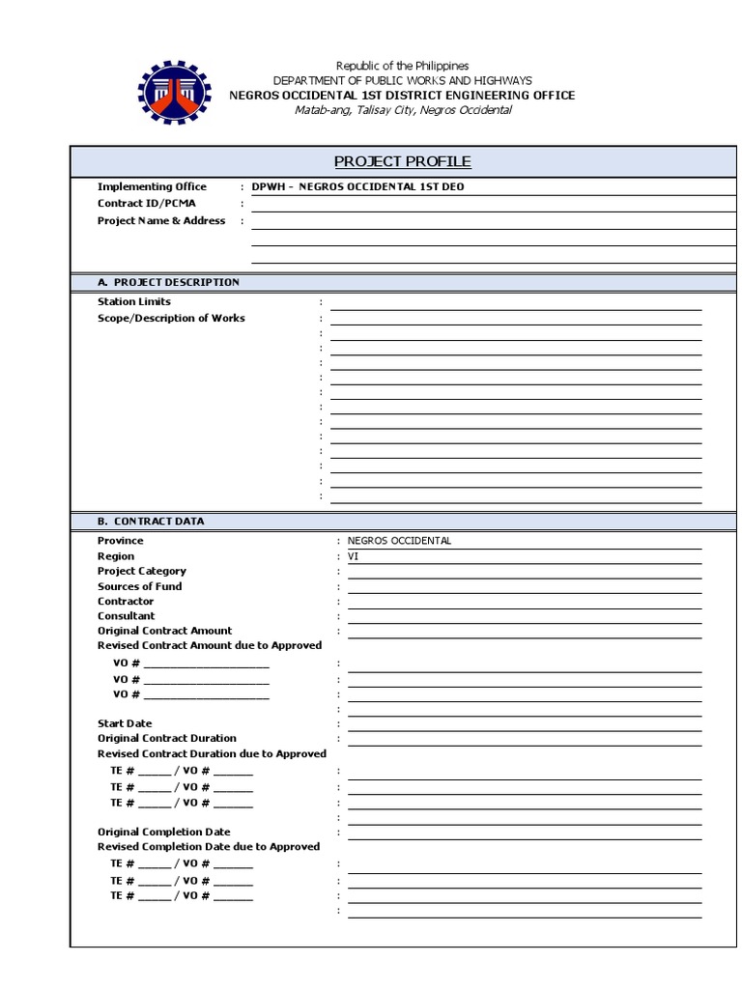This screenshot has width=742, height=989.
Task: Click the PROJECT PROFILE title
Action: [x=402, y=161]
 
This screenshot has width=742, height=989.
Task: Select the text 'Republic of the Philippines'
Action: [x=402, y=66]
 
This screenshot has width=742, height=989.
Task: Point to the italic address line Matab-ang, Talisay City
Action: [x=403, y=110]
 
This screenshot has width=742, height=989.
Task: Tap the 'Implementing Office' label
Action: [x=152, y=186]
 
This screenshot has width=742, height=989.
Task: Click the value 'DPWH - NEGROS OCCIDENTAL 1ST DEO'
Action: [x=357, y=186]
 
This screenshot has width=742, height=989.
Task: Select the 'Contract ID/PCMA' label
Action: [x=146, y=204]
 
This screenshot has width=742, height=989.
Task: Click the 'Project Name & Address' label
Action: [x=161, y=220]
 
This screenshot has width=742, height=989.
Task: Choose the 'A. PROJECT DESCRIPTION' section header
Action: [x=168, y=282]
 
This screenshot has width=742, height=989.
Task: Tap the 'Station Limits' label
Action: [x=134, y=302]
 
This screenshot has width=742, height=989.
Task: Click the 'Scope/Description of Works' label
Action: [x=171, y=318]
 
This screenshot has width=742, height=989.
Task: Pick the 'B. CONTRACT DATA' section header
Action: [x=151, y=521]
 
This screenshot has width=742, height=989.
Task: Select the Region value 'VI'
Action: [x=353, y=556]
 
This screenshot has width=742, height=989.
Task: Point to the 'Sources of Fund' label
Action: [x=139, y=586]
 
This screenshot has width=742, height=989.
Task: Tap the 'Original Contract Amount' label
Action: [x=165, y=631]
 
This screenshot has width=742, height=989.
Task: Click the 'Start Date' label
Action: [x=125, y=723]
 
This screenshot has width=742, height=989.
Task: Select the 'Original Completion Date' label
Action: [x=164, y=832]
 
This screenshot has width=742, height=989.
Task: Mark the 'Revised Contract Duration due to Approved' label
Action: [x=213, y=753]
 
